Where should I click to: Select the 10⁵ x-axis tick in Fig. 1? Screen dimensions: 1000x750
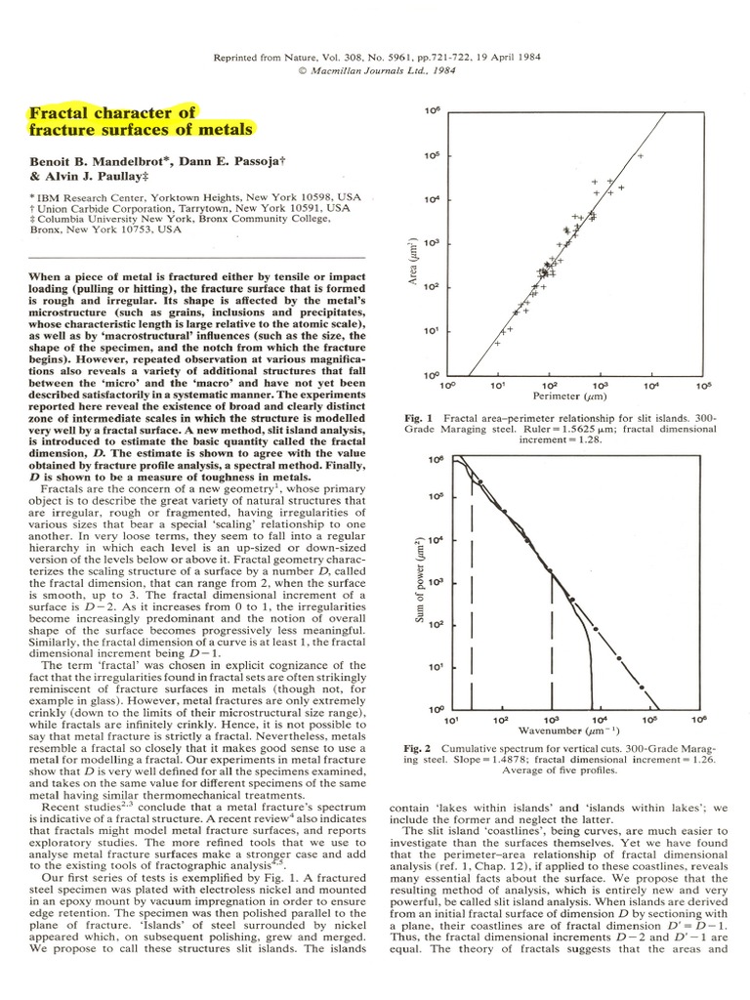pyautogui.click(x=702, y=387)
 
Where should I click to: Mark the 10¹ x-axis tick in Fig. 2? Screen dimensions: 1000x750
pyautogui.click(x=452, y=720)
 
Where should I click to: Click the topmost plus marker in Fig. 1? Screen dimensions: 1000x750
pyautogui.click(x=641, y=155)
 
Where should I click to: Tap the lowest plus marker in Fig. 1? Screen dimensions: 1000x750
pyautogui.click(x=497, y=344)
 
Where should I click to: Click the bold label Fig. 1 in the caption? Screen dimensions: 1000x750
pyautogui.click(x=420, y=418)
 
